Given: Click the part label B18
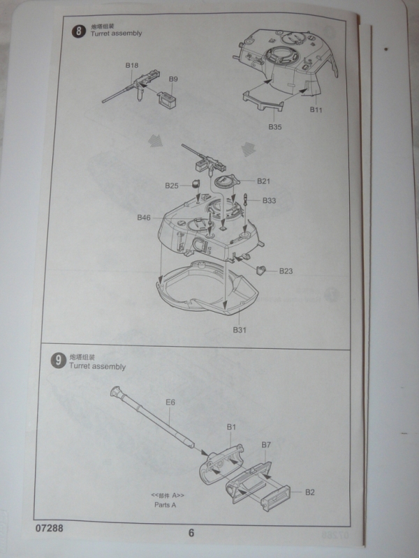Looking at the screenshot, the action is coord(131,66).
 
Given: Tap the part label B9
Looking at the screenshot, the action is coord(172,79).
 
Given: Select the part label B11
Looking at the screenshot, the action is coord(316,110).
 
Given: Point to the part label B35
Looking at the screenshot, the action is coord(274,128).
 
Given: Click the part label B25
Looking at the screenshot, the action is coord(172,186).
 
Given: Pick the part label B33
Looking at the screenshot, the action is coord(270,200).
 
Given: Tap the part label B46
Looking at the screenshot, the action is coord(144,218).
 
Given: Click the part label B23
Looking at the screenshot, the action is coord(286,270).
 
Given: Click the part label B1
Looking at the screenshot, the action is coord(233,426).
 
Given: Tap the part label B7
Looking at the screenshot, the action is coord(265,444).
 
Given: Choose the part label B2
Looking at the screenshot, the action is coord(310,492).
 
